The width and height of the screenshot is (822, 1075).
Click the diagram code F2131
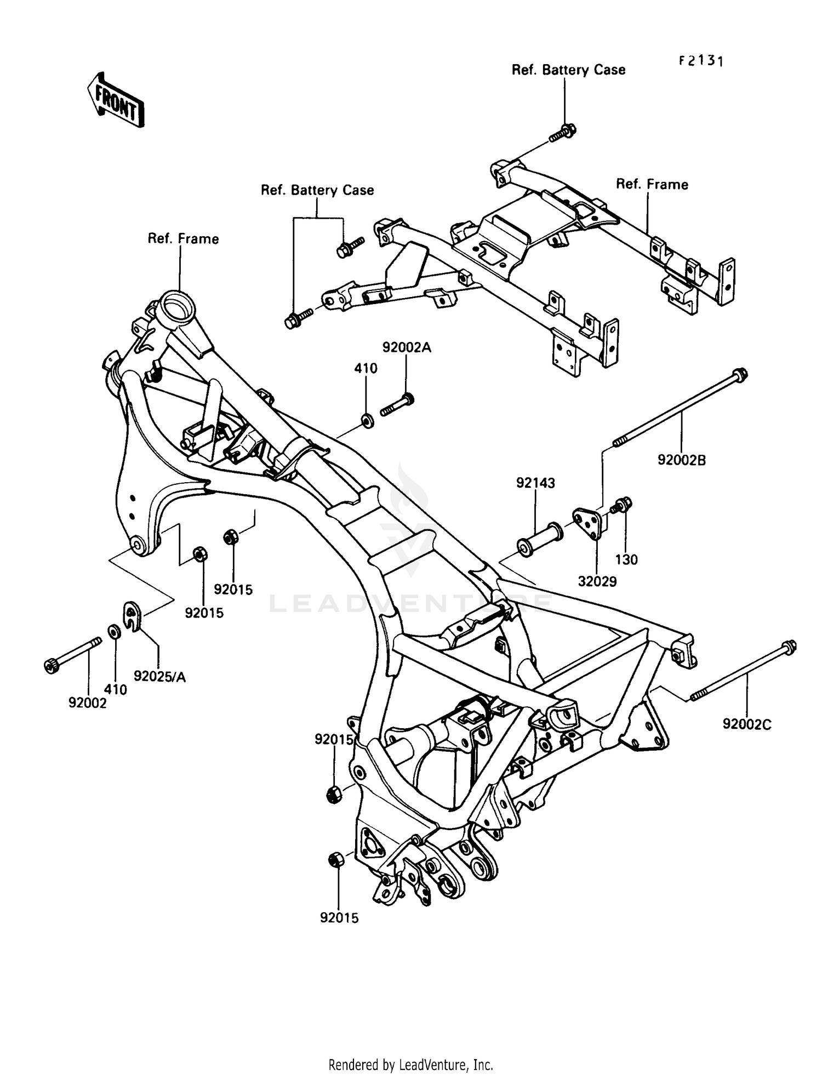click(701, 61)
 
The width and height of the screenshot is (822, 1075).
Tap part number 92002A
click(407, 347)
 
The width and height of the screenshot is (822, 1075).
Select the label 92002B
click(682, 460)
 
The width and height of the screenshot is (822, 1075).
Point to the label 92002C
click(746, 724)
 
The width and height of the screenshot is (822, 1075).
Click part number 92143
click(535, 483)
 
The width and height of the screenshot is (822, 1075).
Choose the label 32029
click(597, 581)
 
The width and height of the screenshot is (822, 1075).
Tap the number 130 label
click(626, 559)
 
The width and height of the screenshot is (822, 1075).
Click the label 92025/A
click(159, 677)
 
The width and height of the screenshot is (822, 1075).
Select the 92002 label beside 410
click(88, 702)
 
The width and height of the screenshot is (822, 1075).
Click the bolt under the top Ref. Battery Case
click(564, 132)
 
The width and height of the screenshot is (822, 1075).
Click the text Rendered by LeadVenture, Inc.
click(410, 1065)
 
